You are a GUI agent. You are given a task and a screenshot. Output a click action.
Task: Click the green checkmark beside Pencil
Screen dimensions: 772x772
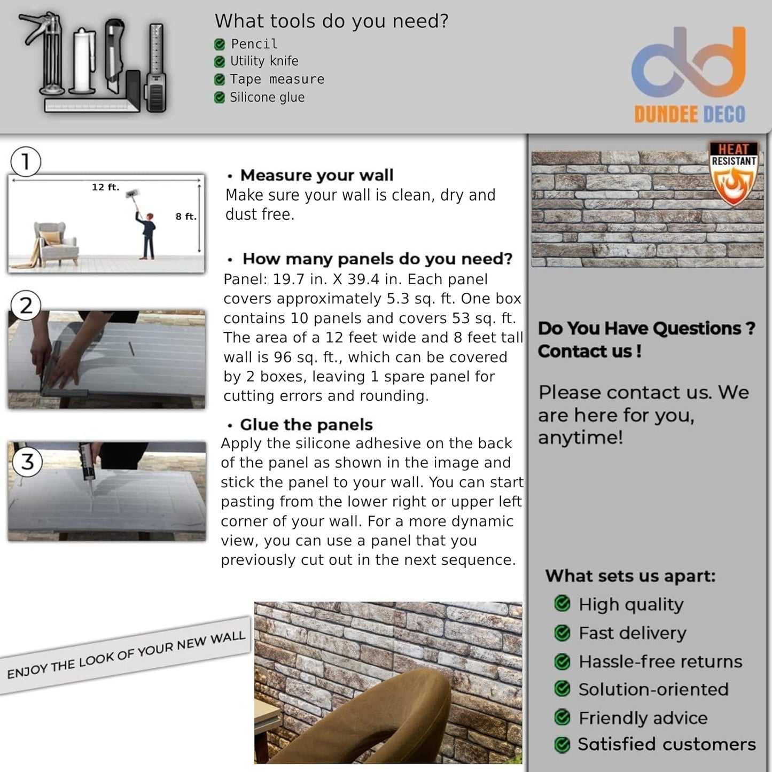click(x=219, y=44)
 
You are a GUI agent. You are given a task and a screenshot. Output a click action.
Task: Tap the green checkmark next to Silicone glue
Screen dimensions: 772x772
click(x=219, y=97)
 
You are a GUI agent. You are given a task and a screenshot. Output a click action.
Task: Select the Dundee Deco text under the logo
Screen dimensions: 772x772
click(x=689, y=114)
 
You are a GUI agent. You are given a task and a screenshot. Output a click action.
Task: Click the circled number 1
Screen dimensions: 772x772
click(x=25, y=162)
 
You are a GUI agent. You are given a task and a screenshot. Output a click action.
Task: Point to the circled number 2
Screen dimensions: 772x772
click(x=26, y=306)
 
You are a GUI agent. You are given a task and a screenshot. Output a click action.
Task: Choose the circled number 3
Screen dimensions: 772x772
click(x=27, y=461)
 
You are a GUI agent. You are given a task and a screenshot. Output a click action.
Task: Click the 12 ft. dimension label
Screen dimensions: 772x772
click(x=105, y=187)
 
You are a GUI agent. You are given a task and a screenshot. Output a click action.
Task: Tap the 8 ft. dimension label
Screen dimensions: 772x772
click(x=186, y=216)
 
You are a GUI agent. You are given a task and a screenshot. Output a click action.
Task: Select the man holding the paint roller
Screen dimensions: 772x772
click(x=147, y=232)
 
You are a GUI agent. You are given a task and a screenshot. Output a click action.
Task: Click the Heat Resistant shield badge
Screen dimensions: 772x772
click(x=733, y=174)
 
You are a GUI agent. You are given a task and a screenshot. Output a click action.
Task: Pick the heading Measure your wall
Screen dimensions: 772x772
click(x=316, y=175)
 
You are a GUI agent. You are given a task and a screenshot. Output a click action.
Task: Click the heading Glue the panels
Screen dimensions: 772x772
click(x=306, y=425)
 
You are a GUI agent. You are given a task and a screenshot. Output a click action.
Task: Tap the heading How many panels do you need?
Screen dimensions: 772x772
click(x=377, y=259)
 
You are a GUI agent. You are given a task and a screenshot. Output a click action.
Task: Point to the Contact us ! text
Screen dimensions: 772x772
click(x=589, y=352)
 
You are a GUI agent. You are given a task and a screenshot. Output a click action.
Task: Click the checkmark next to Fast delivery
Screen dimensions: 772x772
click(x=562, y=633)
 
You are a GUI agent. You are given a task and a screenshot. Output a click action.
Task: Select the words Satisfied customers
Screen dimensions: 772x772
click(x=667, y=744)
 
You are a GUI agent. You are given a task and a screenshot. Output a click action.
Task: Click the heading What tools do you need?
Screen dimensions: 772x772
click(x=331, y=21)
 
